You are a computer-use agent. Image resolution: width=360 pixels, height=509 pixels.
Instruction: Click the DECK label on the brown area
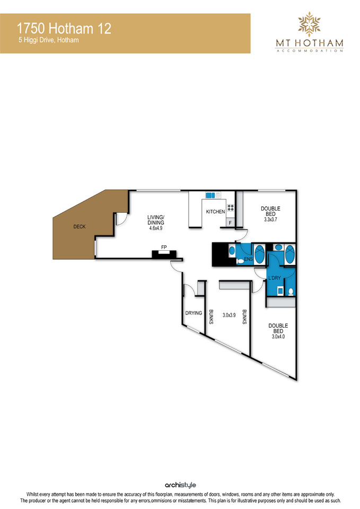pyautogui.click(x=80, y=226)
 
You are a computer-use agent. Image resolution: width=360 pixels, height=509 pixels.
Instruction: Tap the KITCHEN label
pyautogui.click(x=216, y=212)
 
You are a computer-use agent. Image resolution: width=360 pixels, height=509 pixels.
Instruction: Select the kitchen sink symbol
pyautogui.click(x=213, y=195)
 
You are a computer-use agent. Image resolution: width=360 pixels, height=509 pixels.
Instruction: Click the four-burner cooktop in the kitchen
pyautogui.click(x=231, y=208)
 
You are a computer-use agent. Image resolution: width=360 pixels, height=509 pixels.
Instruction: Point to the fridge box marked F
pyautogui.click(x=231, y=223)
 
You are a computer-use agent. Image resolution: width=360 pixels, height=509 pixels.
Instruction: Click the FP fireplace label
pyautogui.click(x=164, y=248)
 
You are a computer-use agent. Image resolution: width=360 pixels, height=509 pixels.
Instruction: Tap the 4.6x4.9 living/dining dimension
pyautogui.click(x=156, y=228)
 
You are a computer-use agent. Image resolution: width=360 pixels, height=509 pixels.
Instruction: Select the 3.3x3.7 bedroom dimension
pyautogui.click(x=270, y=220)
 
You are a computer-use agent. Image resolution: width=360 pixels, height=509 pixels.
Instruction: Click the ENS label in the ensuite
pyautogui.click(x=248, y=259)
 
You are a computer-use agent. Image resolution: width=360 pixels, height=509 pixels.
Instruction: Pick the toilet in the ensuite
pyautogui.click(x=240, y=261)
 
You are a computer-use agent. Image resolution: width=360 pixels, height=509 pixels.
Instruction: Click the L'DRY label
pyautogui.click(x=275, y=278)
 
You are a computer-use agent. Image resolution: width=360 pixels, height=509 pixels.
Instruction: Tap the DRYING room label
pyautogui.click(x=194, y=313)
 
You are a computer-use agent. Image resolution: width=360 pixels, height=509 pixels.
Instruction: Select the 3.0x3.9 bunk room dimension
pyautogui.click(x=229, y=315)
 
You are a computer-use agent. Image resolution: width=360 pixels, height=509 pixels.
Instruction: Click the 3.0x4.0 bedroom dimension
pyautogui.click(x=278, y=337)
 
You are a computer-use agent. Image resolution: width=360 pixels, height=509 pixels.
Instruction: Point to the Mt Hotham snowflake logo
pyautogui.click(x=309, y=24)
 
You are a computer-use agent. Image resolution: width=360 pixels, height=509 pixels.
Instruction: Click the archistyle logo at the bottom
pyautogui.click(x=180, y=485)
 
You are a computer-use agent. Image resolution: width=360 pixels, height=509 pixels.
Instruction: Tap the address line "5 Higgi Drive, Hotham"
pyautogui.click(x=49, y=40)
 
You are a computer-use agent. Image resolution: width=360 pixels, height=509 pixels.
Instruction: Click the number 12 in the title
pyautogui.click(x=104, y=29)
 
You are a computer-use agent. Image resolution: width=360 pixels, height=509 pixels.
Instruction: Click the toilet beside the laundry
pyautogui.click(x=291, y=291)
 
